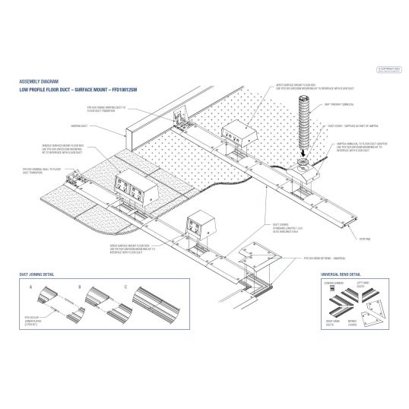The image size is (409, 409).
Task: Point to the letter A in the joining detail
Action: tap(30, 288)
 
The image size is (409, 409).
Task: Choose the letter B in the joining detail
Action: tap(78, 288)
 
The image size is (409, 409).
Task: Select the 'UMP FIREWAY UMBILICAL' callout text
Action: tap(341, 104)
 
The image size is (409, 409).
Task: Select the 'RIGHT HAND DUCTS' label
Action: tap(332, 323)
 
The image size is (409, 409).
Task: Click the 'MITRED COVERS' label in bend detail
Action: tap(362, 323)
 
